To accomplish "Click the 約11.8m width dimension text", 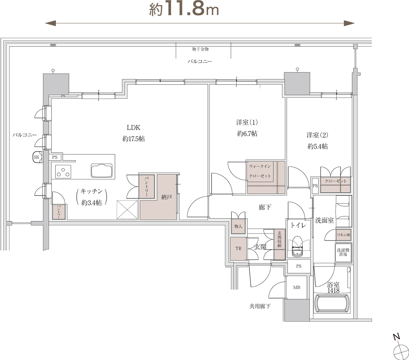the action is [184, 9].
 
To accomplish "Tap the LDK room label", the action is [134, 127].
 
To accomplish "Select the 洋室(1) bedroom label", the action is [247, 122].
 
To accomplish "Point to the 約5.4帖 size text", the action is [317, 147].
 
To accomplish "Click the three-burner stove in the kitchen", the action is [63, 172].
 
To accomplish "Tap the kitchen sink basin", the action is [102, 171].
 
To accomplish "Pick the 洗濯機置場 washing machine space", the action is [343, 252].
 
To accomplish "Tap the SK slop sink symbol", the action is [37, 157].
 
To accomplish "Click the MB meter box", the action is [297, 287].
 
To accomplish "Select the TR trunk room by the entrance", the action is [239, 248].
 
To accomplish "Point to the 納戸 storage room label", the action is [166, 197].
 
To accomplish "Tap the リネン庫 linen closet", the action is [343, 235].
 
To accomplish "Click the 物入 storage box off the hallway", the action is [238, 226].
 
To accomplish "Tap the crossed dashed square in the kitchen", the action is [127, 210].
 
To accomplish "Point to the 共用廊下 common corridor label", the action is [260, 306].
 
